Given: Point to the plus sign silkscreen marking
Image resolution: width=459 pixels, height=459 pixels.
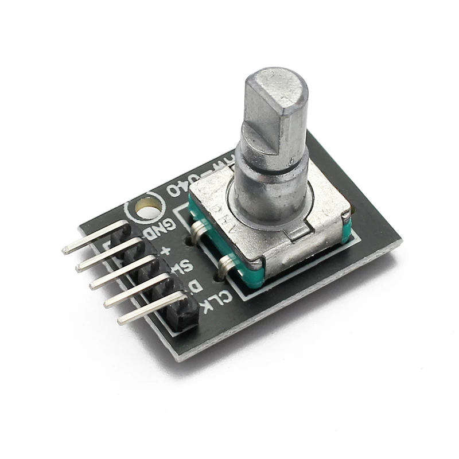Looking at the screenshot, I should click(167, 251).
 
